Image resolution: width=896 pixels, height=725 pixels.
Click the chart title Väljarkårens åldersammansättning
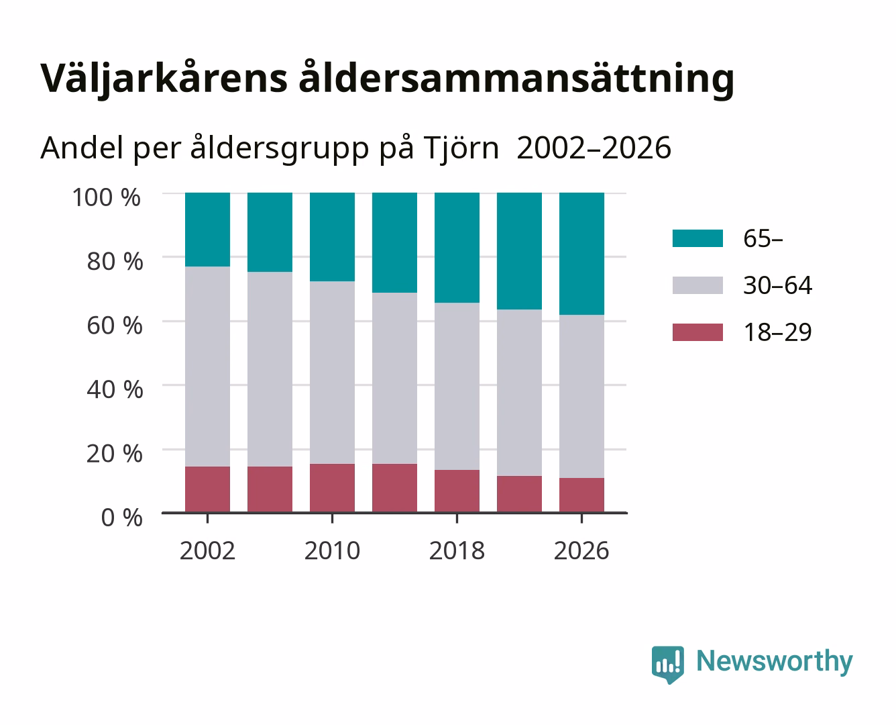(x=388, y=79)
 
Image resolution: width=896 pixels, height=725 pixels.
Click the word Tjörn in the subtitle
(x=461, y=148)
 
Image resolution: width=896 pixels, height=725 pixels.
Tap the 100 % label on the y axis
(x=107, y=197)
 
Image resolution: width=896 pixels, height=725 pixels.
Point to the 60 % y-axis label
(x=115, y=326)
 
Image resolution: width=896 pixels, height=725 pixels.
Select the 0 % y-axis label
(x=121, y=517)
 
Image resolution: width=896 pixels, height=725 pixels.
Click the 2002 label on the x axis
(x=207, y=550)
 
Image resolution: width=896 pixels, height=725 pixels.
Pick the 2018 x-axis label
(x=457, y=550)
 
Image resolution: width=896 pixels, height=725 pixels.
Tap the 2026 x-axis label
(x=581, y=550)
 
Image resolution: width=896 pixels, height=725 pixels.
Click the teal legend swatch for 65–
(x=697, y=238)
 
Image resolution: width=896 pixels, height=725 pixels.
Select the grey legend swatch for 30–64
(x=697, y=285)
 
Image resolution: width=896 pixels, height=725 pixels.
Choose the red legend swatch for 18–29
(x=697, y=332)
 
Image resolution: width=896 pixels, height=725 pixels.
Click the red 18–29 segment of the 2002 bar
(x=207, y=489)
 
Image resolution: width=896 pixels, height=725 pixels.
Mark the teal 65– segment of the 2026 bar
(x=581, y=254)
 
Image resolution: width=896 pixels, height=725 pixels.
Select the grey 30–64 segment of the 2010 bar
(x=333, y=373)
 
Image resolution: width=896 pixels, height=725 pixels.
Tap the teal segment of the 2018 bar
(x=457, y=248)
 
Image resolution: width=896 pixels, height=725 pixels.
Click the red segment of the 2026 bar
(x=581, y=495)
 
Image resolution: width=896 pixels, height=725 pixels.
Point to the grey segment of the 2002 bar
(x=207, y=367)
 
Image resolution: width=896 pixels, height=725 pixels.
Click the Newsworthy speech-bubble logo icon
(x=667, y=665)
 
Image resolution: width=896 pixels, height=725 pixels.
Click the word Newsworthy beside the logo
(x=775, y=662)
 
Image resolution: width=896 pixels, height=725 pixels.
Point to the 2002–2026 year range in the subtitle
(x=594, y=148)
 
